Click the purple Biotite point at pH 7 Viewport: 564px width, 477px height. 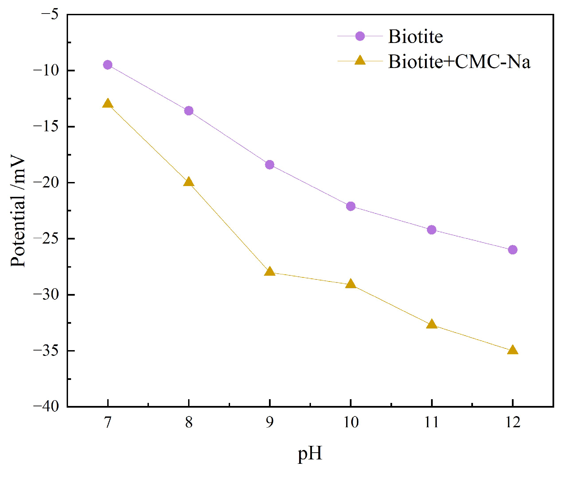108,65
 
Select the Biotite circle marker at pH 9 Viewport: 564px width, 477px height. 270,165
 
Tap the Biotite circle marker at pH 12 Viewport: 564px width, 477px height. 513,250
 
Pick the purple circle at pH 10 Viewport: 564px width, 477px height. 351,206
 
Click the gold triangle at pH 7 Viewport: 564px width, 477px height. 108,104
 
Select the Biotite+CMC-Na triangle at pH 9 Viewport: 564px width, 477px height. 270,271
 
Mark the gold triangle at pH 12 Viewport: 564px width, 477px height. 513,350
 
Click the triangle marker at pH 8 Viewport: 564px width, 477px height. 189,182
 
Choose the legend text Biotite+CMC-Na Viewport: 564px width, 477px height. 459,62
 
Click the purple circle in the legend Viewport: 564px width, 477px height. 360,36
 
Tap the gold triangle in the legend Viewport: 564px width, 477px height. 360,61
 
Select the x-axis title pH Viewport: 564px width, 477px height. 310,453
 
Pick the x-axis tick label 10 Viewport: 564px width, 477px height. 351,422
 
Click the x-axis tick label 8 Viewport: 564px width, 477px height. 189,422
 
